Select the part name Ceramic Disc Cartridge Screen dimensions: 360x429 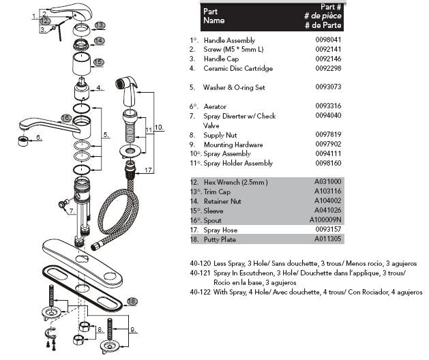pos(238,69)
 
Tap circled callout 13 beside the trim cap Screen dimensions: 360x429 pos(100,25)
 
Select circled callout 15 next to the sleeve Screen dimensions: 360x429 pos(98,62)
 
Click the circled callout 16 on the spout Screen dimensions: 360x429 pos(65,117)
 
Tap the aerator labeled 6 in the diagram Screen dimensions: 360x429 pos(23,140)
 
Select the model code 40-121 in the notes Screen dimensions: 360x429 pos(201,273)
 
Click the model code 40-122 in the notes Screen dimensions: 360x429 pos(201,292)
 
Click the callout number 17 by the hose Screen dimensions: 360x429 pos(149,170)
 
